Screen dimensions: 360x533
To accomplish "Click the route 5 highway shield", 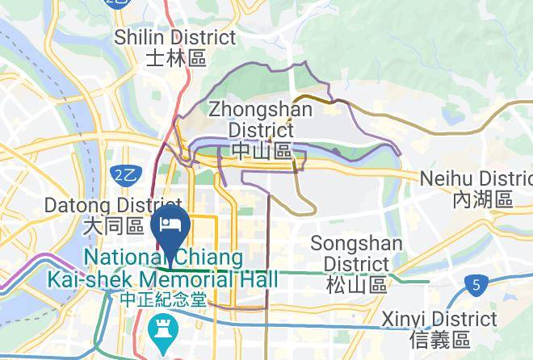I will [477, 284].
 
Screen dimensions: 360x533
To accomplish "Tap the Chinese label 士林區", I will [176, 57].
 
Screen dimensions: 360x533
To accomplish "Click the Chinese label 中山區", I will [261, 150].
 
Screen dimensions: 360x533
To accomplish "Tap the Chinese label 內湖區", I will [483, 199].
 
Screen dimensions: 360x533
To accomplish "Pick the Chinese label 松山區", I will [355, 283].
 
